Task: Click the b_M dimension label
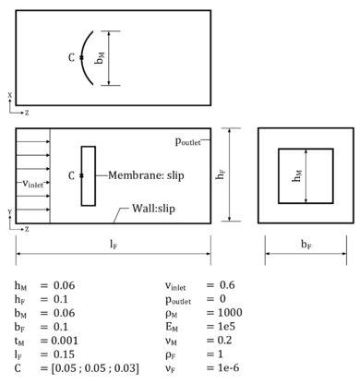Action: pyautogui.click(x=100, y=57)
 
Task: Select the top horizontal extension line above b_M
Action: pyautogui.click(x=109, y=30)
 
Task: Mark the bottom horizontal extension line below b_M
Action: pyautogui.click(x=109, y=86)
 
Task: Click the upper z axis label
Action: pyautogui.click(x=27, y=114)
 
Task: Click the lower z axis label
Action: pyautogui.click(x=27, y=229)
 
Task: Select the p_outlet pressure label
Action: pyautogui.click(x=187, y=140)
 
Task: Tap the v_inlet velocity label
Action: pyautogui.click(x=33, y=183)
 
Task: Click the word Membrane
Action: pyautogui.click(x=134, y=175)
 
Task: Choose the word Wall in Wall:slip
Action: pyautogui.click(x=142, y=209)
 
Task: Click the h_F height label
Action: pyautogui.click(x=220, y=174)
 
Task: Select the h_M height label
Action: pyautogui.click(x=296, y=174)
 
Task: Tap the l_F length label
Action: pyautogui.click(x=114, y=244)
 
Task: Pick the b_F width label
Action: pyautogui.click(x=306, y=244)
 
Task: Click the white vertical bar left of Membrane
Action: pyautogui.click(x=88, y=175)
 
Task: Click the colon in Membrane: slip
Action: pyautogui.click(x=162, y=175)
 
